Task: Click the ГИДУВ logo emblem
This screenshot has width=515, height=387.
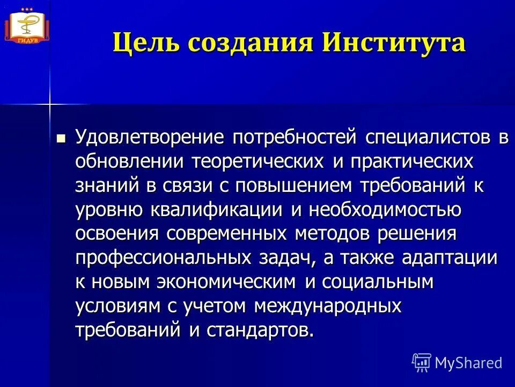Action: pos(26,24)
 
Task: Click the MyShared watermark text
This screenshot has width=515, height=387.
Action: pos(469,363)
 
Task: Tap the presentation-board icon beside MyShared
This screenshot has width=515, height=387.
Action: pos(422,363)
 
